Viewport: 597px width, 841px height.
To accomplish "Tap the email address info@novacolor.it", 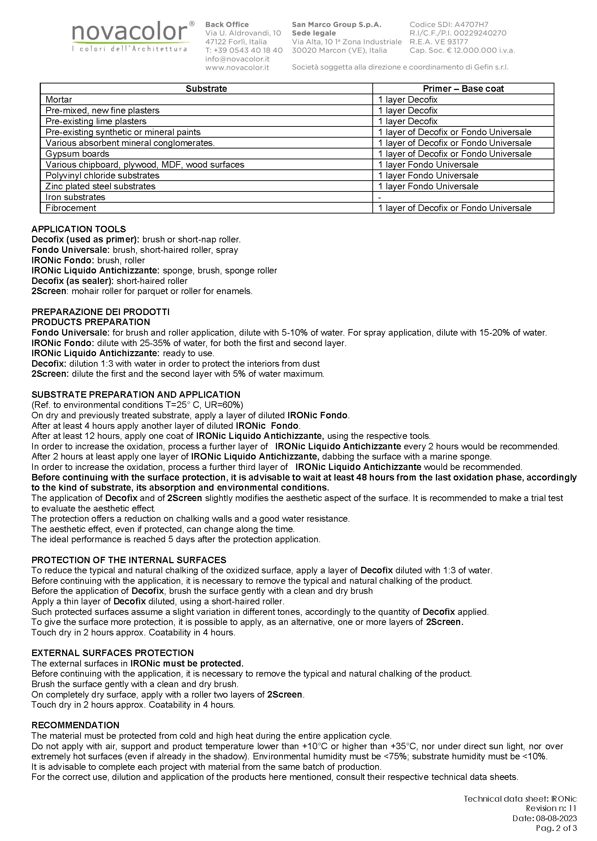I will pyautogui.click(x=237, y=59).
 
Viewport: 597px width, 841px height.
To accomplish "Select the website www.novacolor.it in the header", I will pyautogui.click(x=237, y=67).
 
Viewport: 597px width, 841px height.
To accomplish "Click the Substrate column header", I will pyautogui.click(x=206, y=89).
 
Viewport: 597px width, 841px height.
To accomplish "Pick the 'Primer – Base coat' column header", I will pyautogui.click(x=463, y=89).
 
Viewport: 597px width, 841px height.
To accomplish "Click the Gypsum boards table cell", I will pyautogui.click(x=78, y=154).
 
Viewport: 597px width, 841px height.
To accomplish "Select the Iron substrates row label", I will pyautogui.click(x=75, y=197).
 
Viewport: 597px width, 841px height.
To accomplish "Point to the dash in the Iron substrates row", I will pyautogui.click(x=380, y=198).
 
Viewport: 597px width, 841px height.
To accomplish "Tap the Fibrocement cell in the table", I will pyautogui.click(x=71, y=208).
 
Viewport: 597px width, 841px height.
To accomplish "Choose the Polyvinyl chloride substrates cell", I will pyautogui.click(x=103, y=176).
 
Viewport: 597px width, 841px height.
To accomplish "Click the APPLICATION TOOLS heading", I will pyautogui.click(x=79, y=229).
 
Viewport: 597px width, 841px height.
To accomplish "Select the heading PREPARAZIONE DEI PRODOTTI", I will pyautogui.click(x=100, y=312).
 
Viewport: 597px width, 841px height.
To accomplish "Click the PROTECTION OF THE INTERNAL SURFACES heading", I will pyautogui.click(x=129, y=560).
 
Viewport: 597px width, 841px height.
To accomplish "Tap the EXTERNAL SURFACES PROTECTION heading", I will pyautogui.click(x=112, y=653).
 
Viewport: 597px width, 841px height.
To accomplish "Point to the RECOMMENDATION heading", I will pyautogui.click(x=75, y=725).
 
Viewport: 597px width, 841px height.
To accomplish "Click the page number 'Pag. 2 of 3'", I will pyautogui.click(x=556, y=828).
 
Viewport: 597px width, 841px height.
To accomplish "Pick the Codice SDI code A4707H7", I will pyautogui.click(x=471, y=25).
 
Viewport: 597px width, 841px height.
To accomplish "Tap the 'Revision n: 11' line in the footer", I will pyautogui.click(x=551, y=808).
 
